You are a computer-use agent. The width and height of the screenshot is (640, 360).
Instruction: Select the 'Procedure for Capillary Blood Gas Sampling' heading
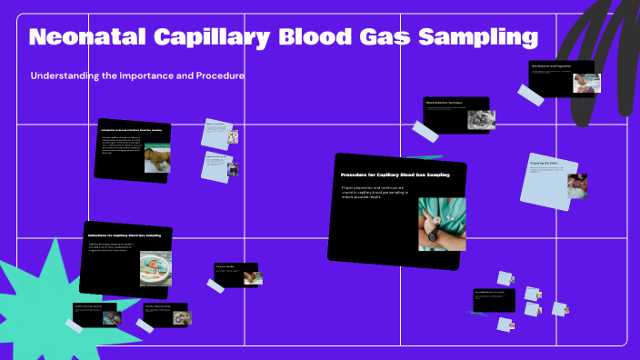(395, 174)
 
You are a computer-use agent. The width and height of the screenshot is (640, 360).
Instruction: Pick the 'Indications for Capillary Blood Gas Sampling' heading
(129, 236)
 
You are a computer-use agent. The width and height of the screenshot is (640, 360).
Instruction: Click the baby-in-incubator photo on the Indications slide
(155, 267)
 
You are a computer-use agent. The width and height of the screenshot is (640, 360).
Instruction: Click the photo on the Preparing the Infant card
(576, 185)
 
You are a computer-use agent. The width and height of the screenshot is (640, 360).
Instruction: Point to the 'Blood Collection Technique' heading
(444, 103)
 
